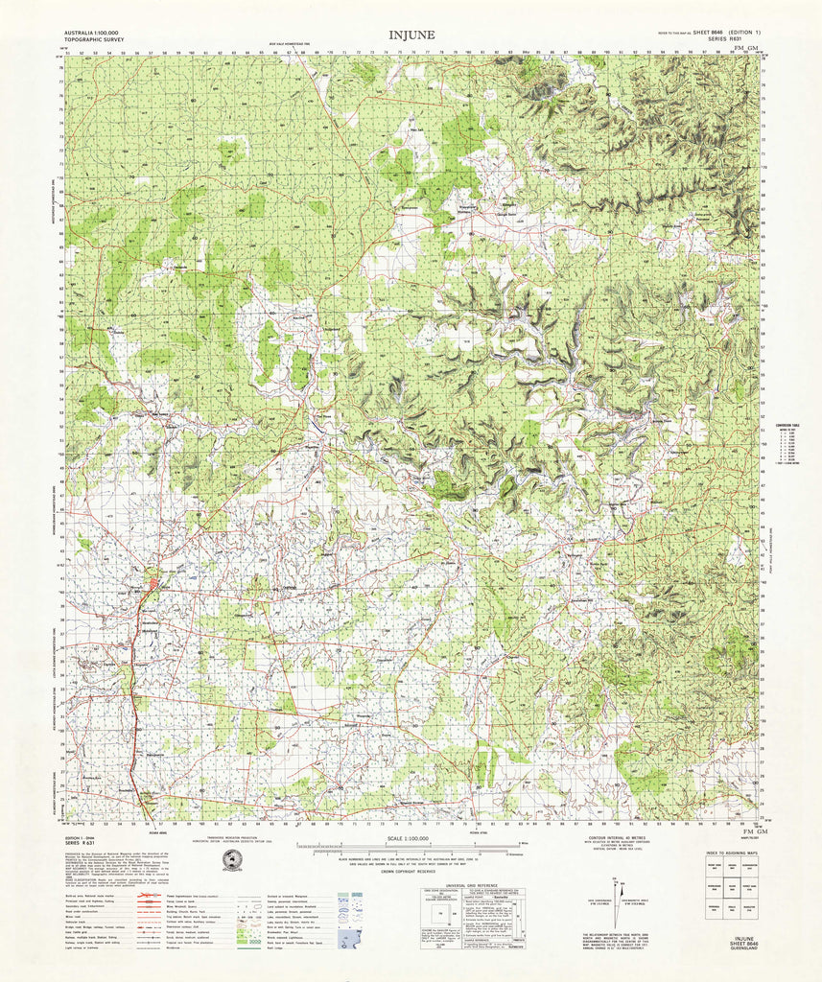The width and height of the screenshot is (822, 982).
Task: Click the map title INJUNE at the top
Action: (411, 35)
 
